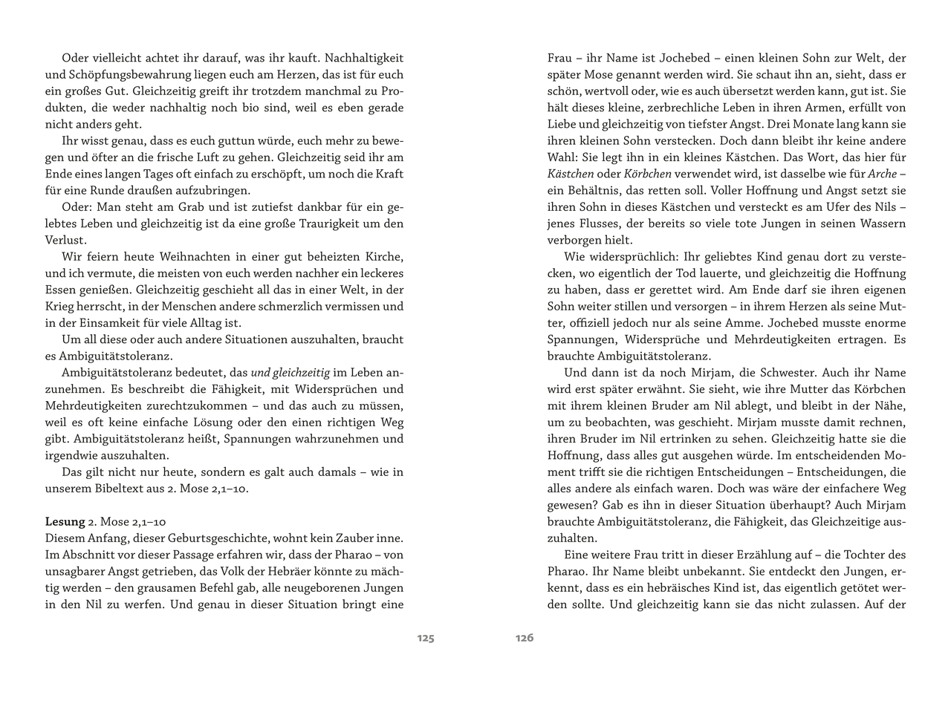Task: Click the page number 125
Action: (425, 638)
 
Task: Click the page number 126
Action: (525, 638)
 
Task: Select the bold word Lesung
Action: (65, 521)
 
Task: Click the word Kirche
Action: (384, 257)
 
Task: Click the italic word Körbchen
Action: (648, 174)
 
